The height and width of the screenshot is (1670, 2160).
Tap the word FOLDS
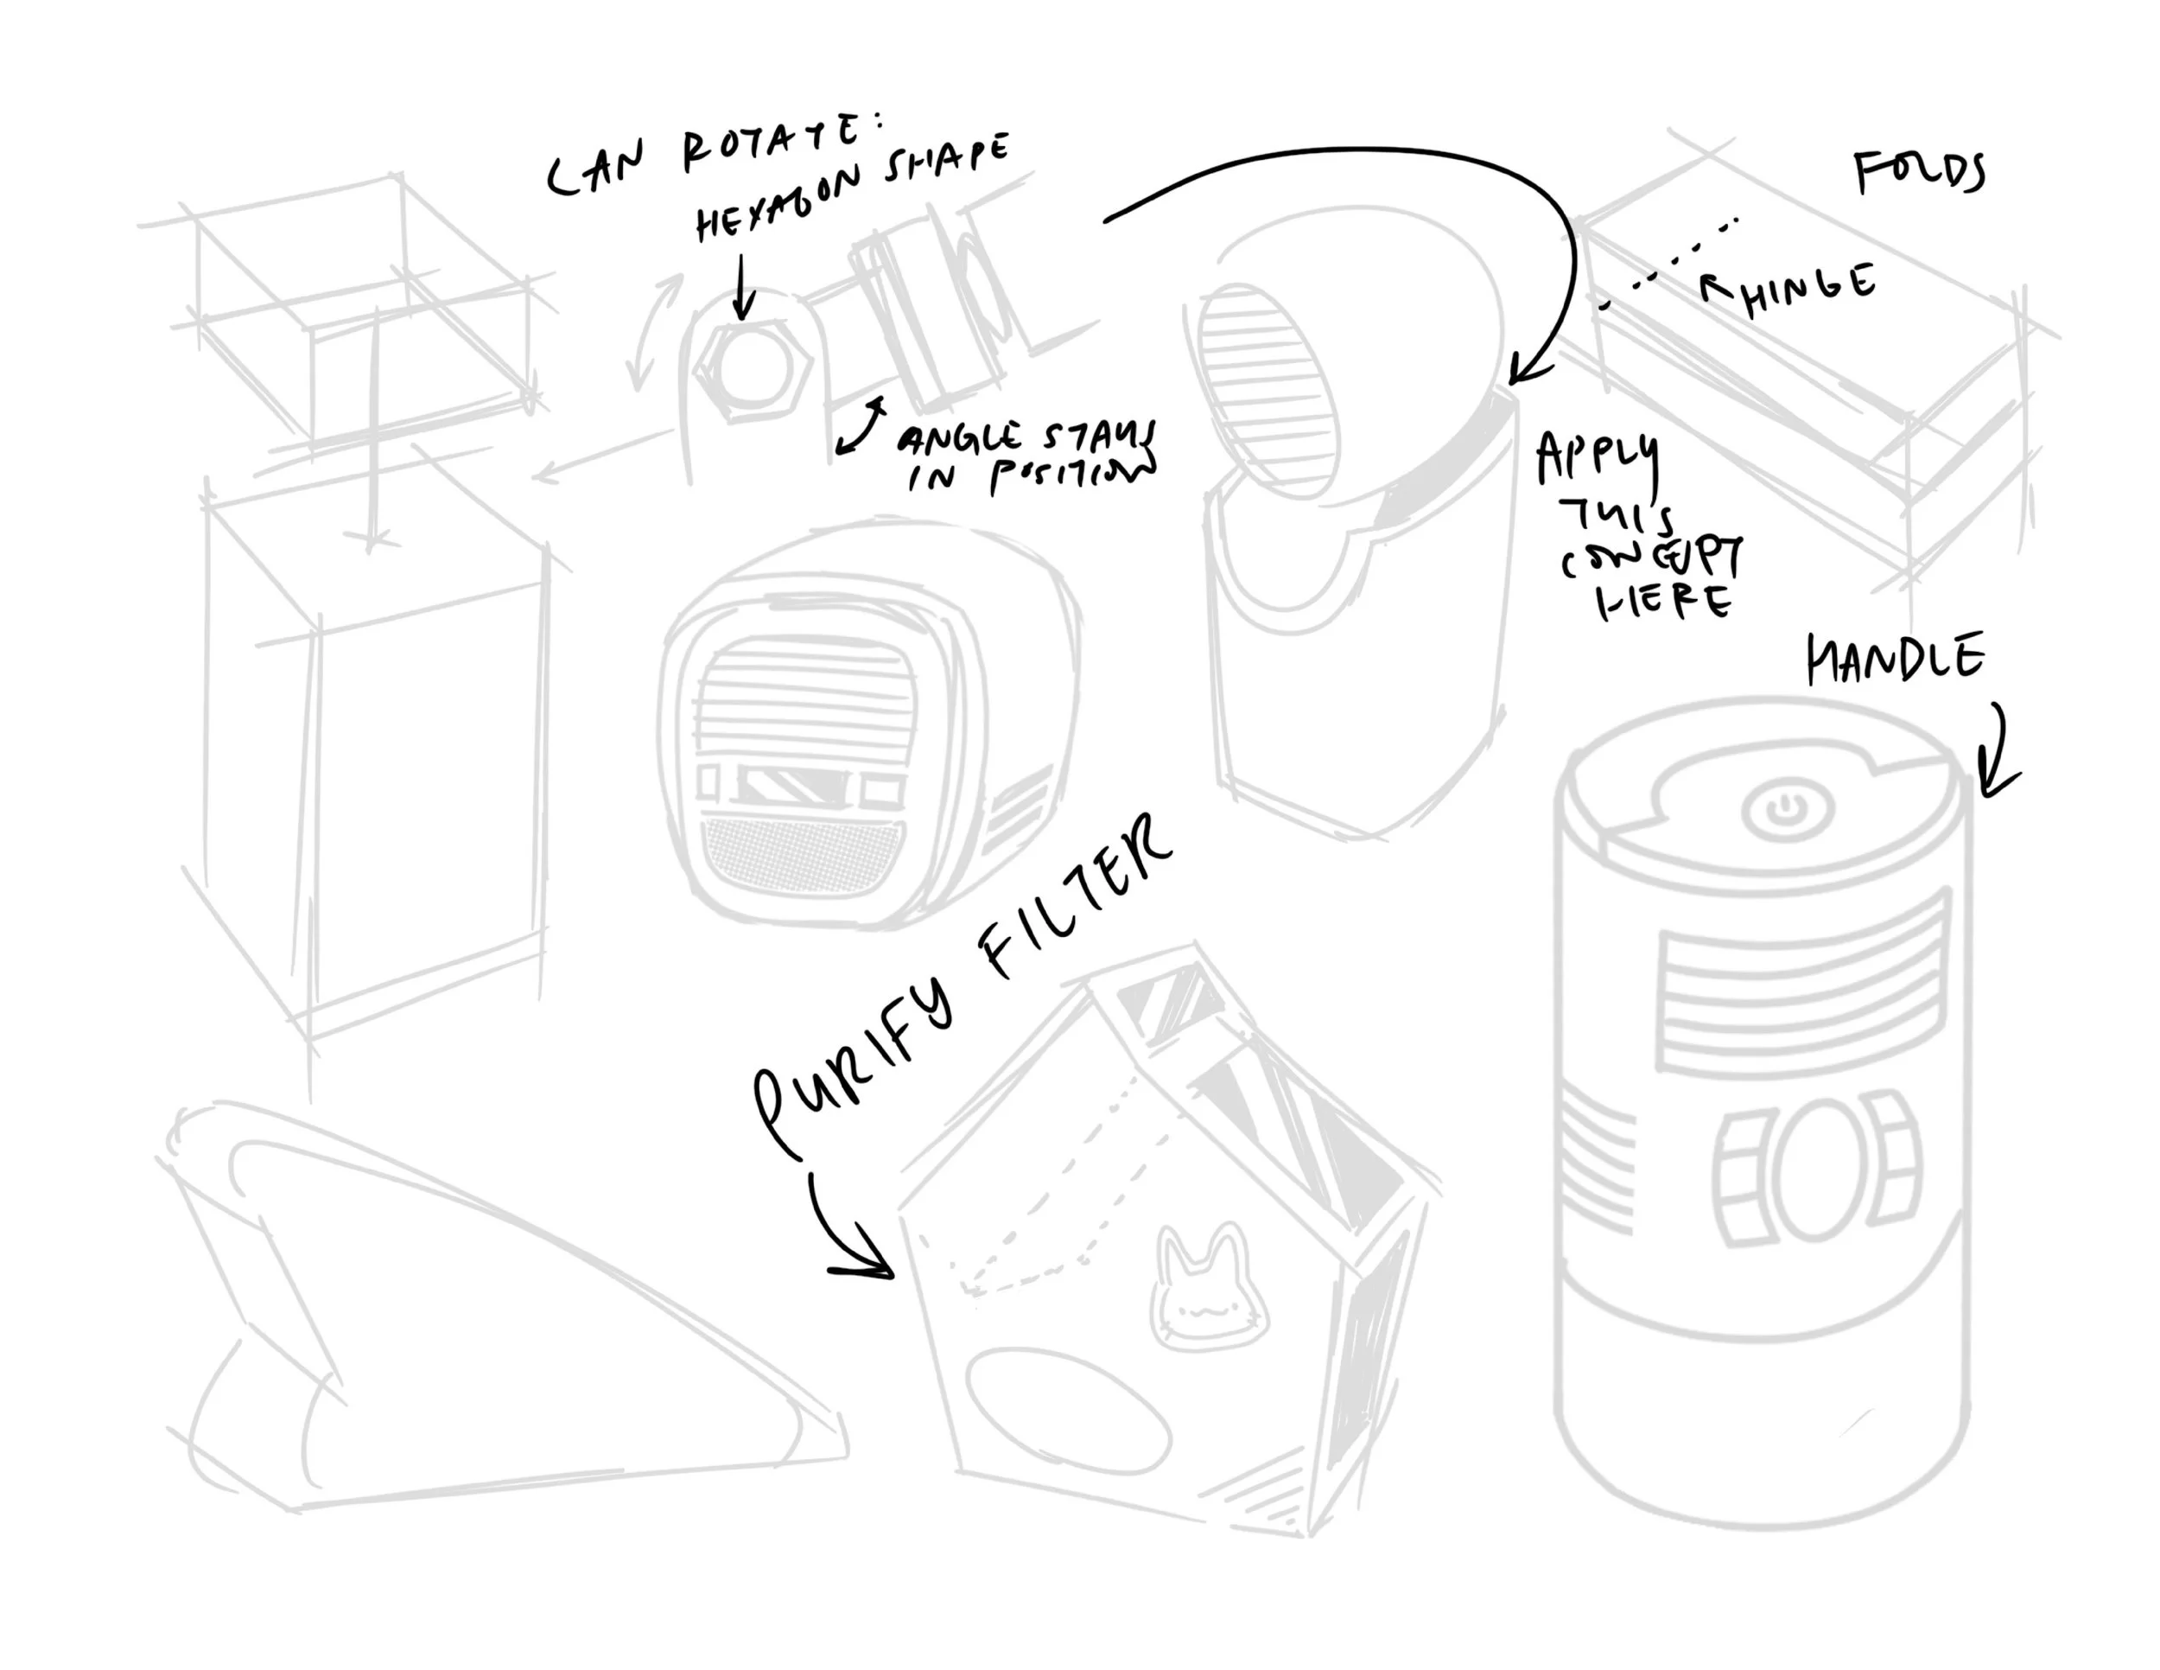1919,172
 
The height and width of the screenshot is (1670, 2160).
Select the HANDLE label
1895,658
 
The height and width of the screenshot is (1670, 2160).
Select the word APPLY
1597,460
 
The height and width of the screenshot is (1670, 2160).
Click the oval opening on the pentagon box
1067,1409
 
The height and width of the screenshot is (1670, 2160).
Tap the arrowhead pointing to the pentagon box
870,1262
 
